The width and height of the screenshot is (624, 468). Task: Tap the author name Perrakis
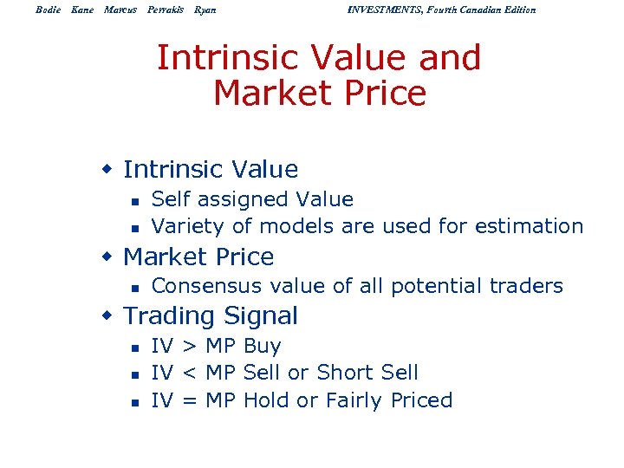point(166,10)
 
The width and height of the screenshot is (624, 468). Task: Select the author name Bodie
point(49,10)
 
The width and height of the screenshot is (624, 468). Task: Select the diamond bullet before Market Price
point(108,257)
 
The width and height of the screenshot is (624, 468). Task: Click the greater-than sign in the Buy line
point(189,347)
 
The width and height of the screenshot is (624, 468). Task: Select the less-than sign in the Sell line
point(189,374)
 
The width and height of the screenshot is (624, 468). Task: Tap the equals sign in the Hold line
point(189,400)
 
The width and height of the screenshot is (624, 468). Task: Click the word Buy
point(263,347)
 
